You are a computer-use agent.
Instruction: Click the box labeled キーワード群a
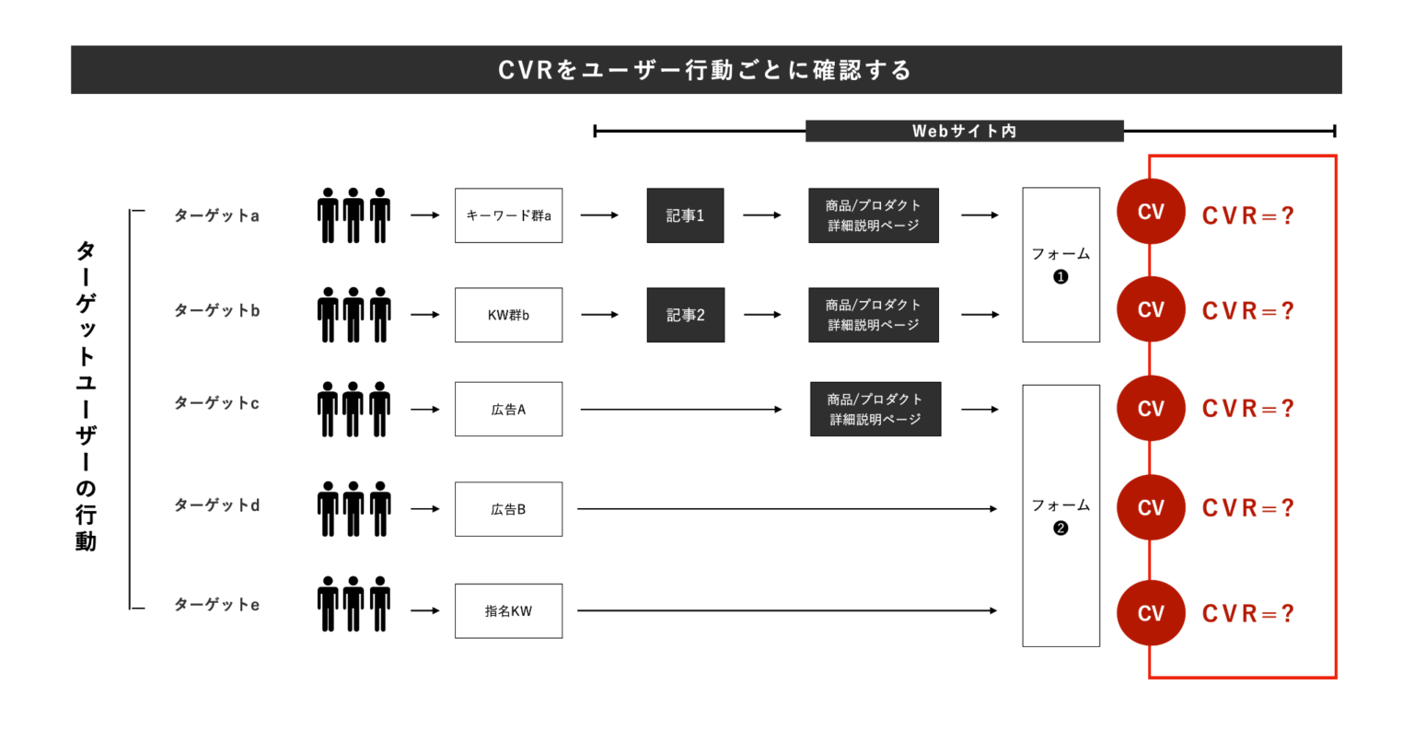508,215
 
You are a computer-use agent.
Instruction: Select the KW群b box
508,315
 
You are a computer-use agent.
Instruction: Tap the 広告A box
508,410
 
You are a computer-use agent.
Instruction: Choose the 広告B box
508,509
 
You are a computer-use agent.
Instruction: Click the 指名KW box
508,611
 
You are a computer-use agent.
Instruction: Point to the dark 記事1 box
685,215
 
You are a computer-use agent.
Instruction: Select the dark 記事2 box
685,315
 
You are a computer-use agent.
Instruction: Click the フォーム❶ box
1060,265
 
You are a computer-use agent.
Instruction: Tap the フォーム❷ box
1060,516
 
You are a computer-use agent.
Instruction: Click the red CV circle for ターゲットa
1151,212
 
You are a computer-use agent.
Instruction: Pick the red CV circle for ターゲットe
1151,613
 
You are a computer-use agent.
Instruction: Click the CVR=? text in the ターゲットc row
1247,409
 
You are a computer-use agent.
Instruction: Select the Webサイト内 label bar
964,131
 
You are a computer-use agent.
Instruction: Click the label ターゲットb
217,311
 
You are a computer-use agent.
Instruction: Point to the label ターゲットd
217,505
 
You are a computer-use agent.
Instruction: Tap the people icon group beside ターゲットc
353,410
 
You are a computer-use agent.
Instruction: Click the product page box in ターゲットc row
875,410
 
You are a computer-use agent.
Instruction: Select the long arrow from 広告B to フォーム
787,509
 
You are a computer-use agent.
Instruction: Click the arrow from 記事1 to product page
761,215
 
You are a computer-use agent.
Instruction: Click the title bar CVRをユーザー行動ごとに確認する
706,70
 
